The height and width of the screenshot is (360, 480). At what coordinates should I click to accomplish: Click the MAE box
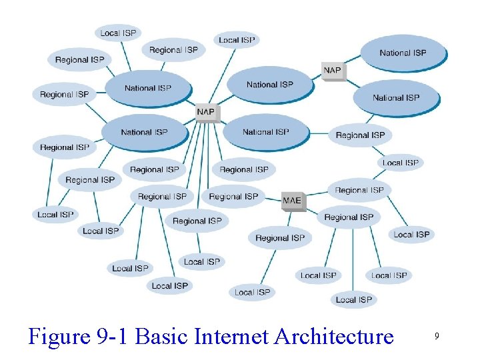292,200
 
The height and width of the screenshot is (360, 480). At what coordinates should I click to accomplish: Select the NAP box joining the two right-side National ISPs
332,70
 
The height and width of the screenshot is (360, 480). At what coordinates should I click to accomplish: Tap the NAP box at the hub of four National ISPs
206,112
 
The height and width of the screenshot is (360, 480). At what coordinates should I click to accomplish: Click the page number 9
437,337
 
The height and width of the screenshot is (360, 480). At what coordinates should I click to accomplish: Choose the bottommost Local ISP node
354,299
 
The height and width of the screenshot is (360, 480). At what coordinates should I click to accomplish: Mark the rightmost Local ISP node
411,234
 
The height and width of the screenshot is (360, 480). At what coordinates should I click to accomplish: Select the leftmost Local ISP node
55,215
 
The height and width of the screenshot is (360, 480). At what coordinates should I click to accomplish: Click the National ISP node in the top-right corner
403,53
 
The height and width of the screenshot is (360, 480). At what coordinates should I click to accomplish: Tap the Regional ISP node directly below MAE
280,238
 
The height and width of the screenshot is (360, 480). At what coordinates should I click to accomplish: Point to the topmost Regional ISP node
173,50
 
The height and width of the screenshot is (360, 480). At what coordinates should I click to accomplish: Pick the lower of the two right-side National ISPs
396,98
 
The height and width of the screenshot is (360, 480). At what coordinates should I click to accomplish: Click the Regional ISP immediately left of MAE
233,197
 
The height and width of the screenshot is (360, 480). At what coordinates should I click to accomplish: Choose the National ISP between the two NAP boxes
269,85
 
